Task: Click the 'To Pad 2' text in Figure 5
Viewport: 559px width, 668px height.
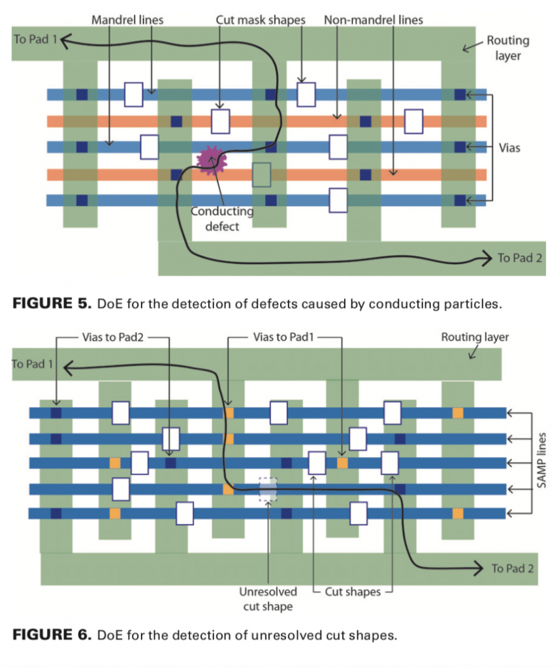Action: [x=520, y=258]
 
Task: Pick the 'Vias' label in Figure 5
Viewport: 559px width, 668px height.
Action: [x=509, y=148]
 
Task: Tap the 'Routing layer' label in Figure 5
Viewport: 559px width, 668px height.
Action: [x=507, y=48]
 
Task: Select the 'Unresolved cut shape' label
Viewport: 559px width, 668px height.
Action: [x=268, y=599]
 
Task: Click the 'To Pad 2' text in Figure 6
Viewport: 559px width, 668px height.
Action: [x=513, y=568]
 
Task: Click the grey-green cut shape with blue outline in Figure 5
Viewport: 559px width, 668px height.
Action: [x=261, y=175]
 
